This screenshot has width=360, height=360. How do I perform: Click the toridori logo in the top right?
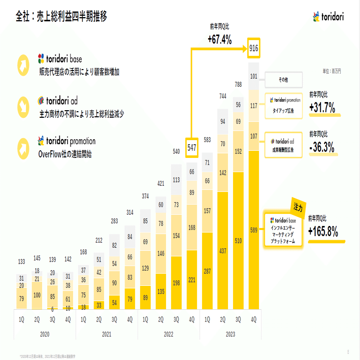point(329,17)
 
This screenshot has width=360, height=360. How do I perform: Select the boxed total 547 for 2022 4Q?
point(192,148)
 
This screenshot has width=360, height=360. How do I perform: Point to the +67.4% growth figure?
point(219,39)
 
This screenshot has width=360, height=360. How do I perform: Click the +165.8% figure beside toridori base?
point(323,232)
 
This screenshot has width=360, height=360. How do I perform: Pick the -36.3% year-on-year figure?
point(321,147)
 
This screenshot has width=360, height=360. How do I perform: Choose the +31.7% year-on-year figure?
point(322,108)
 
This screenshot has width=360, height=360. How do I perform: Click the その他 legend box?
point(284,80)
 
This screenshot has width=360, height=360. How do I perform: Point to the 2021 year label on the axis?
point(107,334)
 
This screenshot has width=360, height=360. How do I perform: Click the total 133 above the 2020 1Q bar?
point(21,261)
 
